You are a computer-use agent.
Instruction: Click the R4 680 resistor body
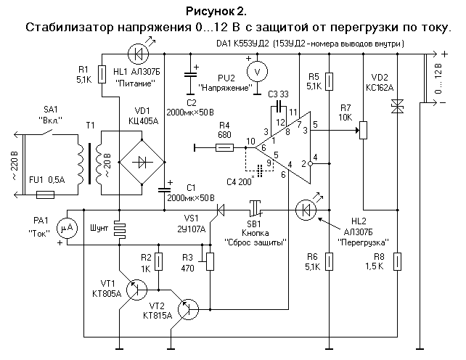pyautogui.click(x=224, y=148)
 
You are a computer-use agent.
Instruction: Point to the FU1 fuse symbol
pyautogui.click(x=46, y=195)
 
